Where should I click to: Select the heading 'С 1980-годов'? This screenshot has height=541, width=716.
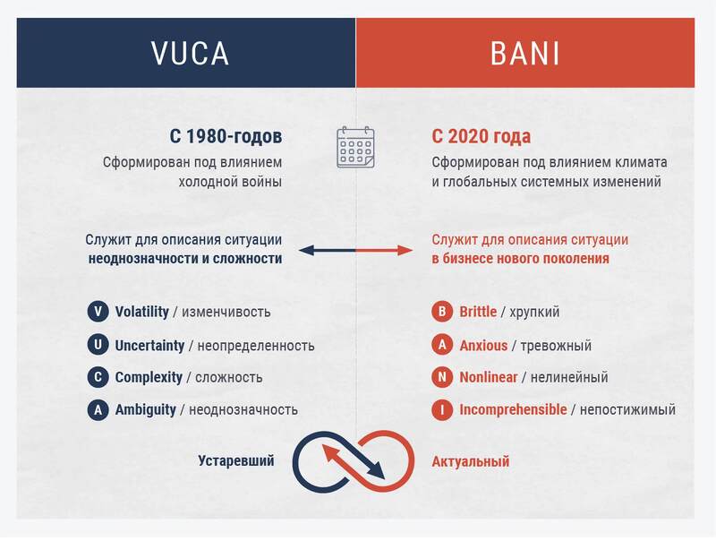(226, 137)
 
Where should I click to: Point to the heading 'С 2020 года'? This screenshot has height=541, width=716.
(481, 137)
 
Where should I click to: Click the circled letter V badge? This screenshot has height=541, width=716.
(98, 313)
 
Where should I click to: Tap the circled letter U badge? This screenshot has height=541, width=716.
(98, 346)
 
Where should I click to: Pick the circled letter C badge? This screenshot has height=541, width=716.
(98, 378)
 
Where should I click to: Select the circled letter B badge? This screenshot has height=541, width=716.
(441, 313)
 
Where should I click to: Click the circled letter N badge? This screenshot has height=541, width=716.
(441, 378)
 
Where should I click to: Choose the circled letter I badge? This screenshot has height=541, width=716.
(441, 410)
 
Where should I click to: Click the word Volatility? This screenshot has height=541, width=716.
(141, 313)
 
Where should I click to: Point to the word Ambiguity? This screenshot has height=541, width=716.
(145, 410)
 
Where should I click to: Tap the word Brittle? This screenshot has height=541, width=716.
(478, 313)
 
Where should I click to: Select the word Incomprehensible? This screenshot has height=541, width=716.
(513, 410)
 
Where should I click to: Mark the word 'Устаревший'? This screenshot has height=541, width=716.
(236, 461)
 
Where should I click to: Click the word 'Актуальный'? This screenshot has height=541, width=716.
(471, 462)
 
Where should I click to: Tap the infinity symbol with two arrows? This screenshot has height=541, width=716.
(354, 460)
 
